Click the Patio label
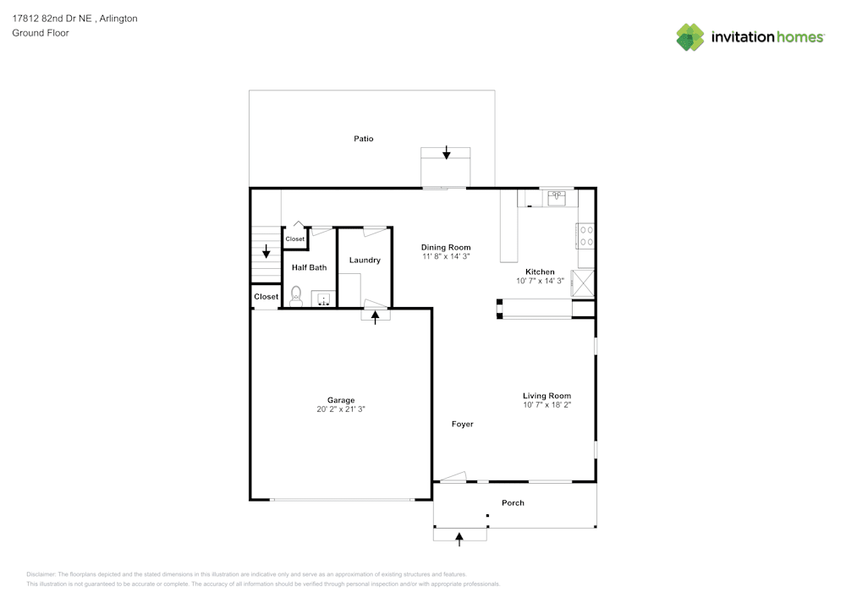click(364, 139)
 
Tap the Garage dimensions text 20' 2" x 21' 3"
click(341, 409)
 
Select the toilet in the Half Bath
click(296, 294)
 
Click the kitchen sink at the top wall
click(557, 198)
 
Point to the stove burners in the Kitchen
click(585, 235)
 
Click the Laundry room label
click(365, 261)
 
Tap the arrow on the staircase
click(266, 251)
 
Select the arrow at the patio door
click(447, 152)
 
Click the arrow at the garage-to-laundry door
click(376, 318)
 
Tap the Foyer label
click(462, 424)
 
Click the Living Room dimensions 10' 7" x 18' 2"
click(547, 405)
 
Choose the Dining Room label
click(446, 247)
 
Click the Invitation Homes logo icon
click(690, 36)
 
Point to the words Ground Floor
click(41, 33)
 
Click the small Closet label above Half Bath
click(294, 239)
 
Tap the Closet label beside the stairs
click(266, 297)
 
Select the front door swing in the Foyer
click(453, 477)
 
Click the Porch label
click(513, 502)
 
